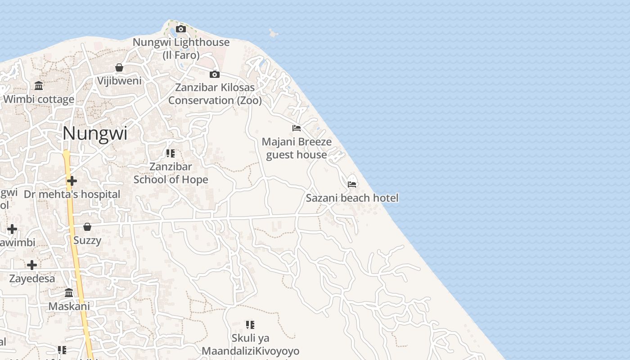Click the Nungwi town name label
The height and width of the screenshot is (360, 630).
pyautogui.click(x=95, y=133)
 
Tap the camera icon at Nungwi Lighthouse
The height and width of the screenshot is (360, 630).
pyautogui.click(x=181, y=29)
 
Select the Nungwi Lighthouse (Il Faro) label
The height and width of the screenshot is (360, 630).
pyautogui.click(x=181, y=49)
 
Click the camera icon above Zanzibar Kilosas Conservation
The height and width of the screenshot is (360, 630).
pyautogui.click(x=215, y=74)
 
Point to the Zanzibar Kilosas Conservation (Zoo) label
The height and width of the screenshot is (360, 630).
pyautogui.click(x=215, y=94)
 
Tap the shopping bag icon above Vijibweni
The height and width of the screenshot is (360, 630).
pyautogui.click(x=119, y=67)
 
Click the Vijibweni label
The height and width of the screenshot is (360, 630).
pyautogui.click(x=119, y=81)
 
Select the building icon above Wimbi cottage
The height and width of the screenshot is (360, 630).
pyautogui.click(x=39, y=85)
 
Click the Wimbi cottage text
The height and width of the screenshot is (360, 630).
pyautogui.click(x=39, y=99)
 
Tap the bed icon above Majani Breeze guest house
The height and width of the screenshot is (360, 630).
pyautogui.click(x=297, y=128)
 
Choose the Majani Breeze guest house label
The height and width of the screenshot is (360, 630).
pyautogui.click(x=297, y=148)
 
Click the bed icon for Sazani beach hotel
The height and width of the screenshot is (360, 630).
pyautogui.click(x=352, y=184)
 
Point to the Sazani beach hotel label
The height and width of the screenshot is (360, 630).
pyautogui.click(x=352, y=198)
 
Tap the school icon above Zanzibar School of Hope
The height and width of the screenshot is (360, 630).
pyautogui.click(x=171, y=153)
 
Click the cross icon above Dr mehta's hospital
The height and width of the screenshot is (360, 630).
pyautogui.click(x=72, y=181)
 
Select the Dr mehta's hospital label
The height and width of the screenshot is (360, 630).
pyautogui.click(x=72, y=194)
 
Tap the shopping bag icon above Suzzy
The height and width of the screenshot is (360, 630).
pyautogui.click(x=87, y=226)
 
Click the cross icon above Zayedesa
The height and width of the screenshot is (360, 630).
pyautogui.click(x=32, y=265)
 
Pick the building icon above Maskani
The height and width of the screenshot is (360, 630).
pyautogui.click(x=69, y=293)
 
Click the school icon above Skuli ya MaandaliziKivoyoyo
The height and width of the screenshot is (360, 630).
pyautogui.click(x=250, y=324)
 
